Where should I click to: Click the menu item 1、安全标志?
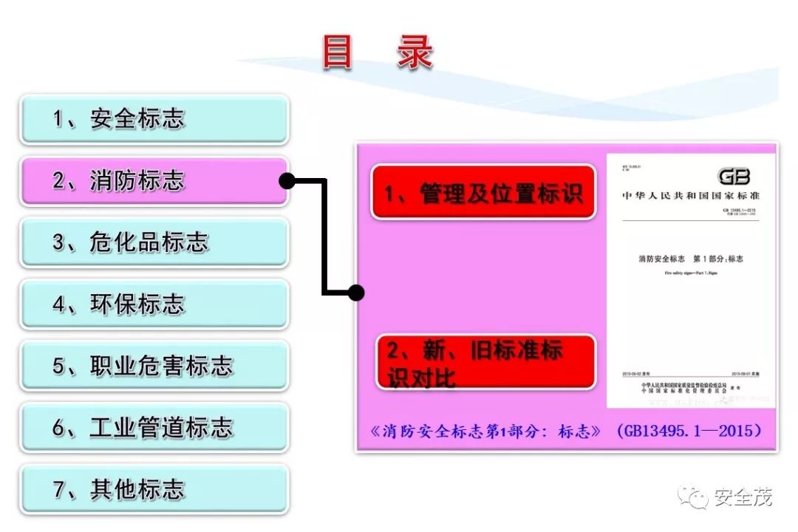click(154, 119)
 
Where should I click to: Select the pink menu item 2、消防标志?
click(154, 181)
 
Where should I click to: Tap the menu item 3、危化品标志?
click(154, 242)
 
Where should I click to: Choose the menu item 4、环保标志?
click(154, 304)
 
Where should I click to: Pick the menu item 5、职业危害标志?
click(154, 366)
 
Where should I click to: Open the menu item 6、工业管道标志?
click(154, 428)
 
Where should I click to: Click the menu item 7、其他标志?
click(154, 489)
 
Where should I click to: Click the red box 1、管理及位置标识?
click(483, 192)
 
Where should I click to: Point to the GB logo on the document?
click(734, 177)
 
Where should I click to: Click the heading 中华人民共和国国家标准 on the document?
click(691, 196)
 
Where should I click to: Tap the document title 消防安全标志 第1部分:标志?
click(690, 259)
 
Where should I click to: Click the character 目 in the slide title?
click(338, 52)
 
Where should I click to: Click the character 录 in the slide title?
click(415, 52)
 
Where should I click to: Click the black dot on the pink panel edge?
click(356, 293)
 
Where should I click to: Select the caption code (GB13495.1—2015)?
click(689, 431)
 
